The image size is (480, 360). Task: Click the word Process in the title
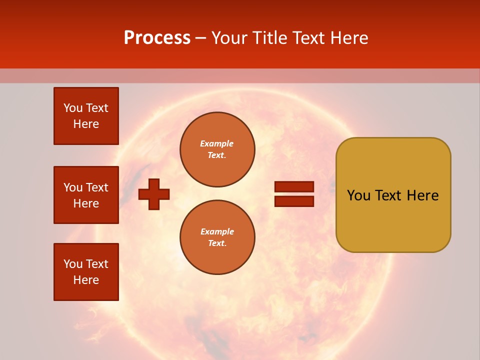click(157, 38)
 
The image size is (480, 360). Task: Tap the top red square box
click(86, 116)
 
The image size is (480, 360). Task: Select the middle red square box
click(86, 195)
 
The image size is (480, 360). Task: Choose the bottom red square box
click(86, 271)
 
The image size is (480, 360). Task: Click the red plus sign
click(154, 194)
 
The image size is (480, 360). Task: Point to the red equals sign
click(294, 194)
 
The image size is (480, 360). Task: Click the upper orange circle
click(217, 149)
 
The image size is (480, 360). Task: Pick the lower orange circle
click(217, 237)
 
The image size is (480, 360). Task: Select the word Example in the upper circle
click(217, 144)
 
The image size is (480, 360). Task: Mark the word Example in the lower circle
click(217, 232)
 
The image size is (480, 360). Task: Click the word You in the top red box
click(73, 108)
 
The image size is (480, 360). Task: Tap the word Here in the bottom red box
click(86, 280)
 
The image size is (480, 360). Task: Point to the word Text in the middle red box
click(97, 187)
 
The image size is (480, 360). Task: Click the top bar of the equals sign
click(294, 186)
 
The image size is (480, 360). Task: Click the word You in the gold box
click(358, 195)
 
